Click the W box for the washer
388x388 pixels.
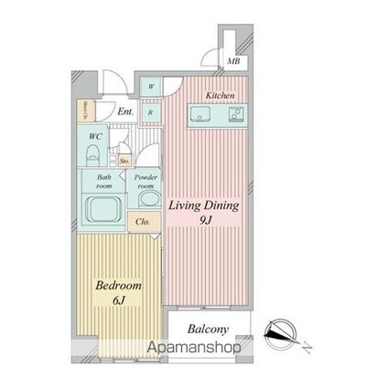pyautogui.click(x=152, y=89)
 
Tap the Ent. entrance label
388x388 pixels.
pyautogui.click(x=126, y=112)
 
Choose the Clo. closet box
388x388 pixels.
pyautogui.click(x=144, y=222)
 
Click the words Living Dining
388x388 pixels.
pyautogui.click(x=202, y=206)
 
